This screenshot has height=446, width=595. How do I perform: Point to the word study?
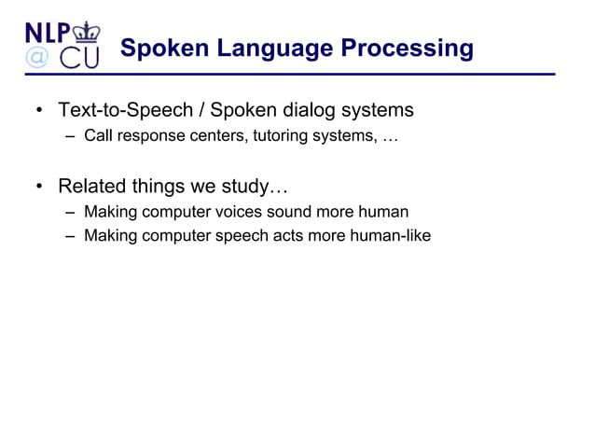tap(251, 185)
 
